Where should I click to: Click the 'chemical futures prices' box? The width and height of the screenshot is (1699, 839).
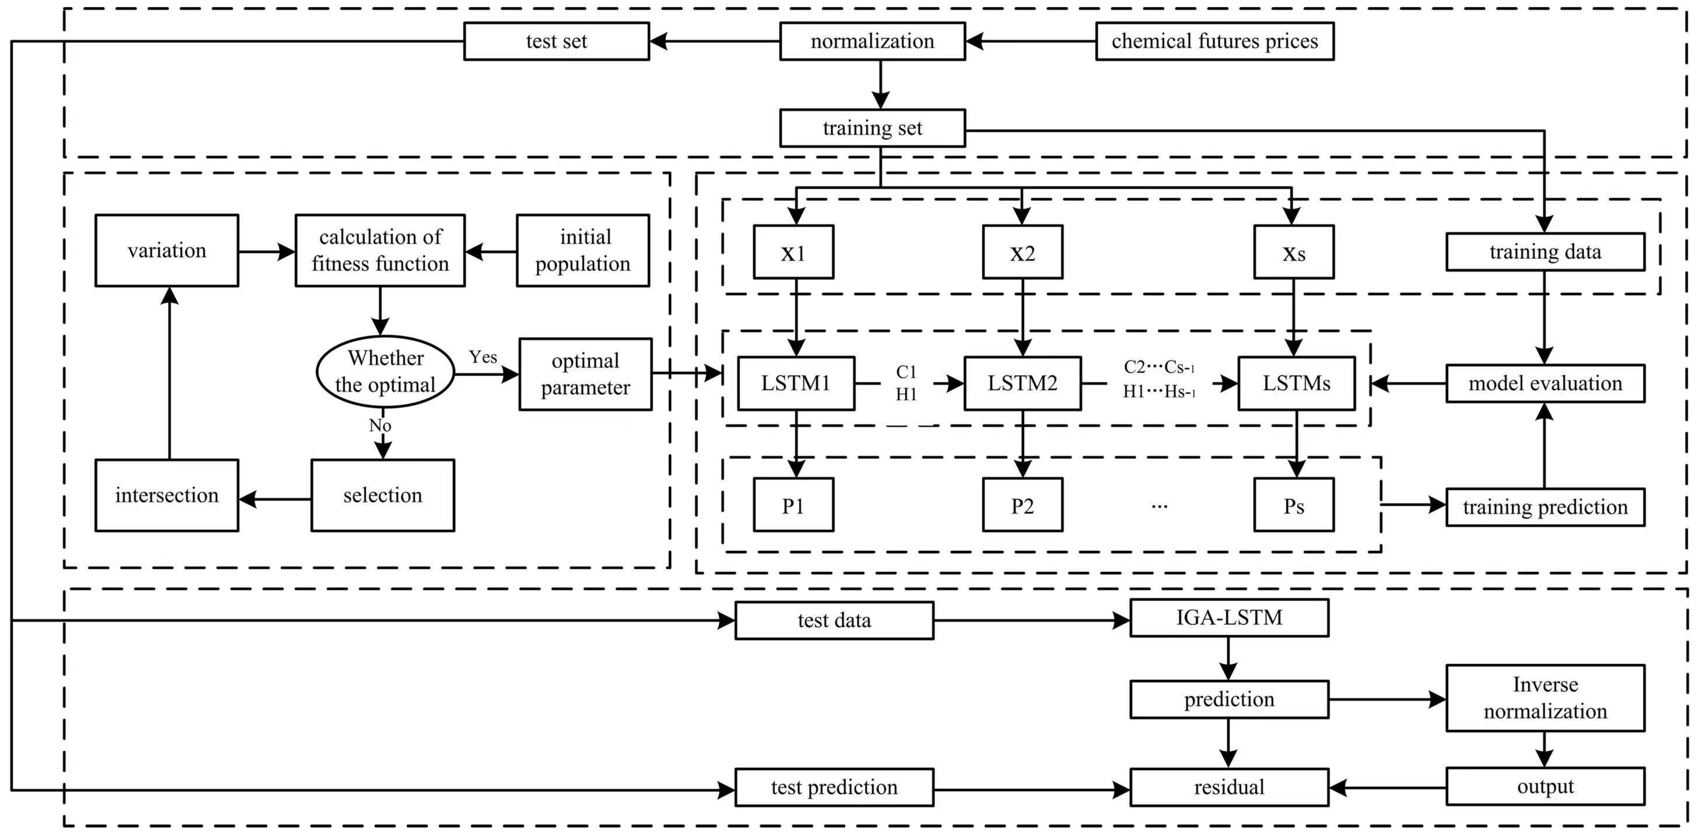click(1214, 42)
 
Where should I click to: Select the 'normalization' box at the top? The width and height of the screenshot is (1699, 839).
click(872, 42)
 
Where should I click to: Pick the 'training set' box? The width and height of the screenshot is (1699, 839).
click(872, 128)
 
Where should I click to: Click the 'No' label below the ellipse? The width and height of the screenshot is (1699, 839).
click(380, 425)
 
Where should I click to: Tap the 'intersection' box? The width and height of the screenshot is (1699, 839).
click(167, 495)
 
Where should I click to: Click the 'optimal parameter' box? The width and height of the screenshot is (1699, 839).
click(585, 374)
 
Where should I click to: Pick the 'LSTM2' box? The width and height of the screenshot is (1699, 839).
click(1022, 383)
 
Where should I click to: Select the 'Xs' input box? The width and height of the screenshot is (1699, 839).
click(1293, 253)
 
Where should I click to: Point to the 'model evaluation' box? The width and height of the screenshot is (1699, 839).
click(1545, 383)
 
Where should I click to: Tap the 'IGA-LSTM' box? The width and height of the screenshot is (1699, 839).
click(1229, 618)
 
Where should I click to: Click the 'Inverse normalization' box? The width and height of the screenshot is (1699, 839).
click(1545, 698)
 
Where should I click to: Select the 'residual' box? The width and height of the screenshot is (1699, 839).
click(1229, 787)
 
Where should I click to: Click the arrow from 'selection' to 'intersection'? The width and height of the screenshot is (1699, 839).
click(274, 499)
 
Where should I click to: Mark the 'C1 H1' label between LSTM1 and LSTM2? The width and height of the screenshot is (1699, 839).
click(906, 382)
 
